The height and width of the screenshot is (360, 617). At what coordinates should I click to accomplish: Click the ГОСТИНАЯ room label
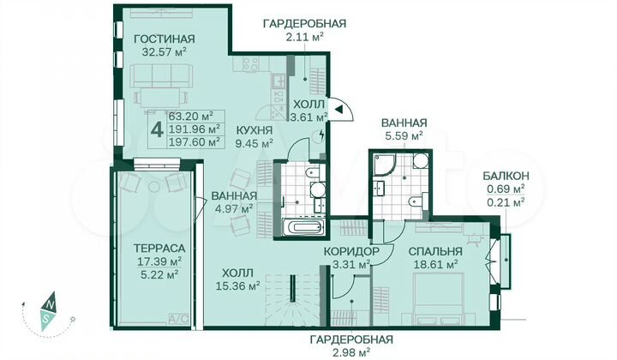click(163, 39)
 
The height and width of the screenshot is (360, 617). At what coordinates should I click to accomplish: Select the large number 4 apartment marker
click(156, 129)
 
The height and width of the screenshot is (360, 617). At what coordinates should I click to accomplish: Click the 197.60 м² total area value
click(190, 141)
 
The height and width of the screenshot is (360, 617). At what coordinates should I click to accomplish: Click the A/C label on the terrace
click(179, 319)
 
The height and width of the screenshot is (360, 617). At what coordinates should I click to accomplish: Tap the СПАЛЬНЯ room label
click(435, 251)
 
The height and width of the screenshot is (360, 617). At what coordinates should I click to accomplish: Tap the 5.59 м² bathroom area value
click(404, 135)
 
